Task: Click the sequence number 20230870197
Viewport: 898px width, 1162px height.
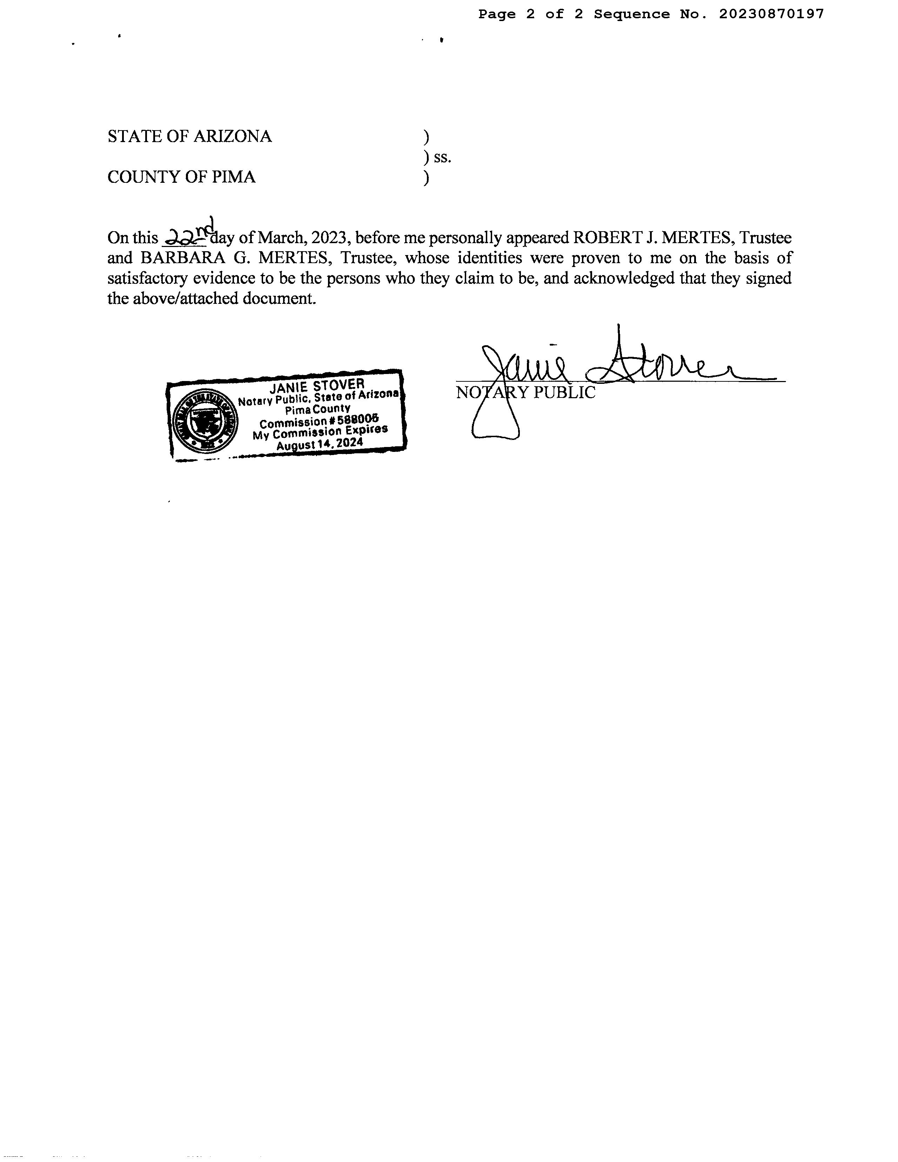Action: (771, 14)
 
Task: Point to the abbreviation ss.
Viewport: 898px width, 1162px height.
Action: (443, 158)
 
